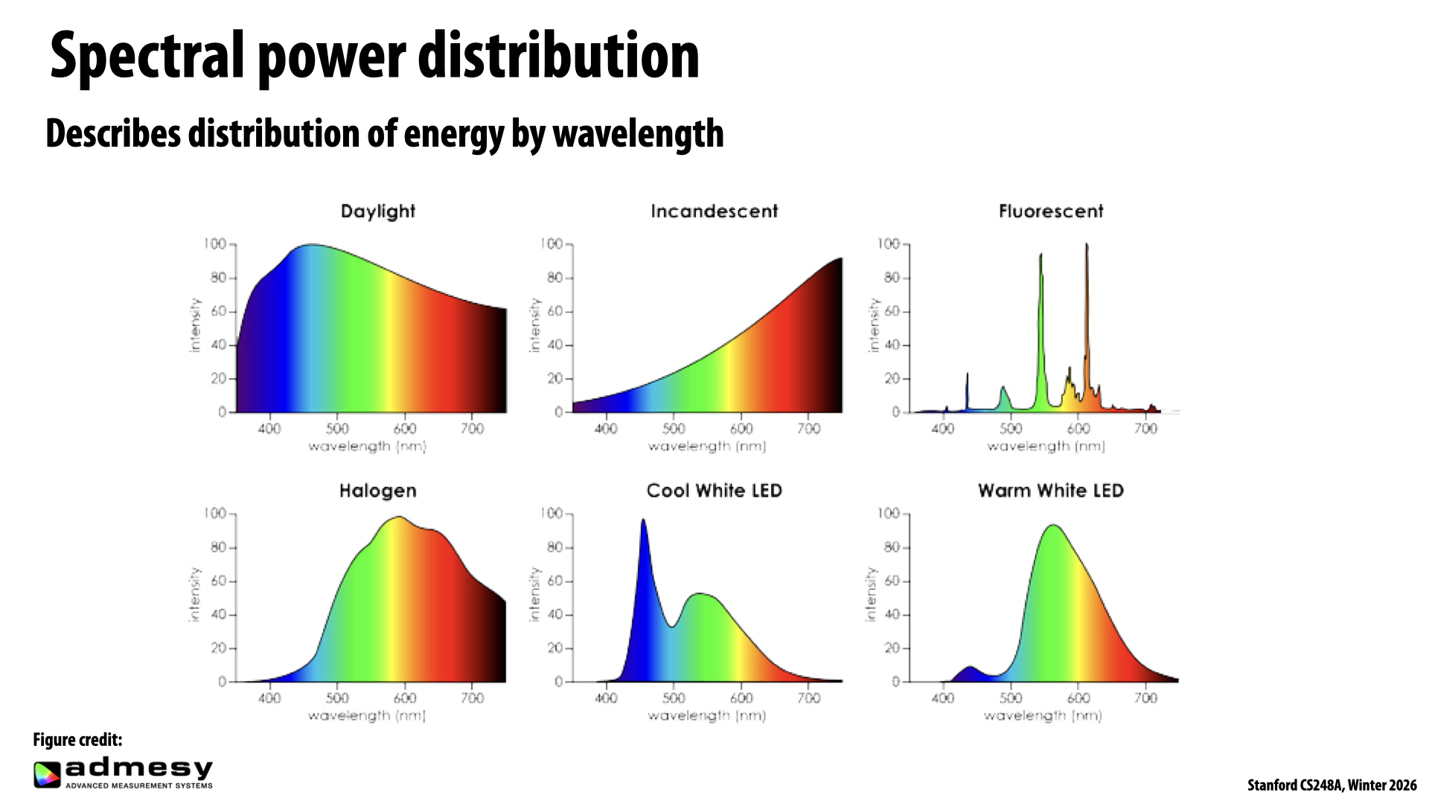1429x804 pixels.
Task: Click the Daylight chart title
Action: (377, 211)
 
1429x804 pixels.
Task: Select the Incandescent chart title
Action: (714, 211)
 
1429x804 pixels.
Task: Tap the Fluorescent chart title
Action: (1050, 211)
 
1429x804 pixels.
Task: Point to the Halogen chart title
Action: (377, 491)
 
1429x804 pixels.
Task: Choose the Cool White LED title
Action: (714, 491)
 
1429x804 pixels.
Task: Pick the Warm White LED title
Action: (1050, 491)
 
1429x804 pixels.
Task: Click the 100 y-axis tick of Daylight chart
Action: (215, 244)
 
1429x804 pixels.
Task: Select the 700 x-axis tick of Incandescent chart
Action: (808, 429)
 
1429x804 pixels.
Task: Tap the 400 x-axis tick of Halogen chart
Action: (269, 698)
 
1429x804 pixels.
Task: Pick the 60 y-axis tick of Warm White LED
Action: (892, 581)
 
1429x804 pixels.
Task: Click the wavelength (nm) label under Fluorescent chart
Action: (1046, 447)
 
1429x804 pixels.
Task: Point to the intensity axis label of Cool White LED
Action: (534, 594)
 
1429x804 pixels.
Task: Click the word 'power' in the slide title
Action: (332, 57)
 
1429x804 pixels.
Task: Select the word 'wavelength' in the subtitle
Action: (638, 135)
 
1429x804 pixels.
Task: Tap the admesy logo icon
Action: (46, 774)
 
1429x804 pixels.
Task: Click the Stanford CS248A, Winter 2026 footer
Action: (1332, 785)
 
